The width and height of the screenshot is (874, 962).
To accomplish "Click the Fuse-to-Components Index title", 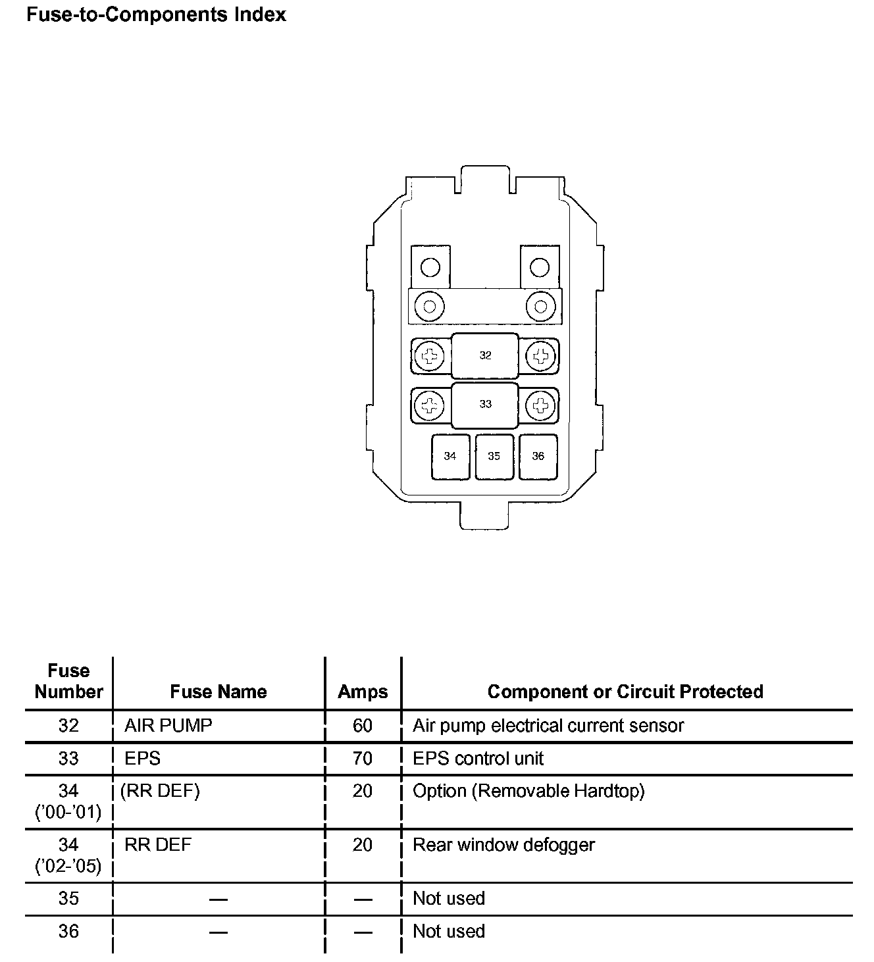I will [x=156, y=15].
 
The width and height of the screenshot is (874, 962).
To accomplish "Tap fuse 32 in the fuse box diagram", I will [x=485, y=355].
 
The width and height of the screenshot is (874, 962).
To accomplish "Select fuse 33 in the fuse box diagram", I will [x=485, y=404].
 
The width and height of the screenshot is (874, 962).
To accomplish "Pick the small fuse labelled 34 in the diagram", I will [x=450, y=456].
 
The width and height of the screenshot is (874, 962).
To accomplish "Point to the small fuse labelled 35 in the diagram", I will [x=494, y=456].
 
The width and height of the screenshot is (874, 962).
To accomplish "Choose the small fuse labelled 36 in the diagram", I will [x=538, y=456].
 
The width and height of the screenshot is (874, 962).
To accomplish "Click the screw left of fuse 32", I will [x=430, y=357].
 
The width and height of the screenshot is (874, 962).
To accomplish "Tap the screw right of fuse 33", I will [x=541, y=405].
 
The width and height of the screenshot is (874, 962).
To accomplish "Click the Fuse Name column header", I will [x=218, y=692].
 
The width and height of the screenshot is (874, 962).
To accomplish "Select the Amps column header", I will [x=363, y=692].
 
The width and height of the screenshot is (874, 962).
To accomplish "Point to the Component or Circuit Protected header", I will [x=625, y=692].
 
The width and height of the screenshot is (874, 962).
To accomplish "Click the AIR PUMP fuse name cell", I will [x=168, y=726].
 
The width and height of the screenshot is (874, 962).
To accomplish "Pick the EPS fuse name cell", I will [x=142, y=759].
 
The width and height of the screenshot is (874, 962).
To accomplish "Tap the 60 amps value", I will [x=363, y=726].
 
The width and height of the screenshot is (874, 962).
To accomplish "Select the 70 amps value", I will [x=363, y=759].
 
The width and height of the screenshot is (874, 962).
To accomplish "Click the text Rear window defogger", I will [x=503, y=845].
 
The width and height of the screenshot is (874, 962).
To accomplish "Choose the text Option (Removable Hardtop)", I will [x=528, y=791].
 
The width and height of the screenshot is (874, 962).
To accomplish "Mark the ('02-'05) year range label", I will [x=68, y=867].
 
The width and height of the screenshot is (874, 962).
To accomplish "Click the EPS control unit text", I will [x=478, y=759].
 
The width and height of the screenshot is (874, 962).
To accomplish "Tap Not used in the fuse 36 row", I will [x=449, y=931].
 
